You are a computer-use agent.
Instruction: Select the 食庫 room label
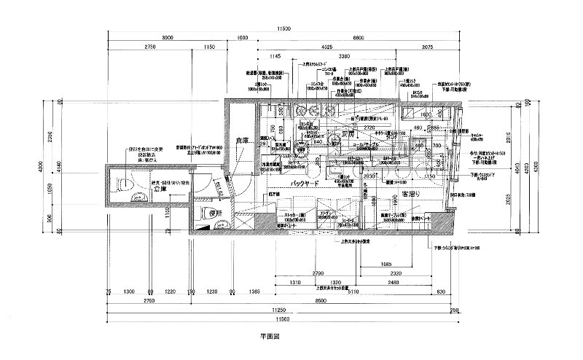tap(242, 140)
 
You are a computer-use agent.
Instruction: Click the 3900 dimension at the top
tap(168, 37)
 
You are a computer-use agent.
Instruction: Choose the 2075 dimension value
tap(428, 47)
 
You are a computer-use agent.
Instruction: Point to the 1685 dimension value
tap(386, 264)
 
